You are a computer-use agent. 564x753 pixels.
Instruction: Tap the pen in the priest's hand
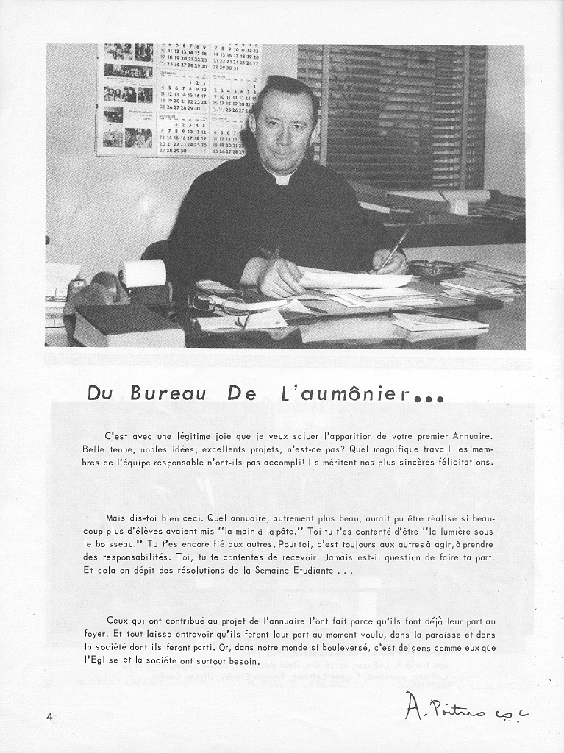[394, 250]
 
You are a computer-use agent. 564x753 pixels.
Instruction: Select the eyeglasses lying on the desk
[221, 302]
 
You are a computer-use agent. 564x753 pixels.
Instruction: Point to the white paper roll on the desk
[143, 274]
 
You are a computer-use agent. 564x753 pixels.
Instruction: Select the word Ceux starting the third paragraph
[118, 621]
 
